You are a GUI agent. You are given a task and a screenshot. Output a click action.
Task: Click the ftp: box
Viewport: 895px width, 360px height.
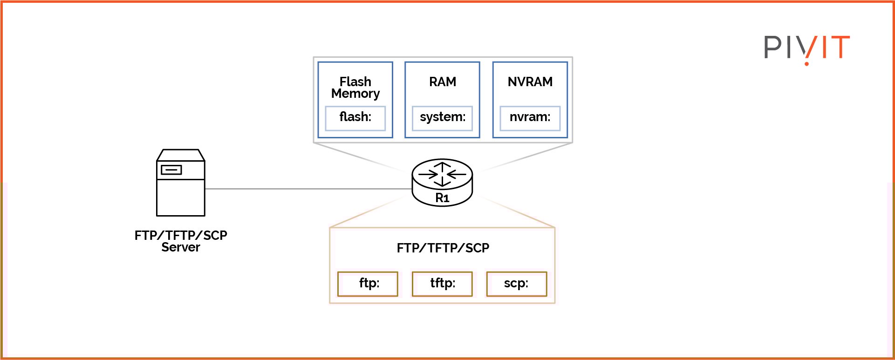pos(368,284)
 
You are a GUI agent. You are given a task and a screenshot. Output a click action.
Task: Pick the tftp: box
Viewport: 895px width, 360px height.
pos(442,284)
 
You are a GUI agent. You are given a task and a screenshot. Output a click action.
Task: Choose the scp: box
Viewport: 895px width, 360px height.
pos(516,284)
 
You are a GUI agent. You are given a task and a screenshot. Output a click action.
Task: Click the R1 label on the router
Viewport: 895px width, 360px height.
pos(442,198)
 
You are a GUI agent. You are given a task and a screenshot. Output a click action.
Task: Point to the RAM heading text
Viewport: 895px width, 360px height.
pos(442,82)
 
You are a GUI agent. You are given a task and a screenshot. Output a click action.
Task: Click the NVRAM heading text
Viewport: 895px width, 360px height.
pos(530,82)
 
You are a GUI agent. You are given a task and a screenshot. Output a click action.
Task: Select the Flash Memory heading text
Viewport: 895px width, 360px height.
pos(355,88)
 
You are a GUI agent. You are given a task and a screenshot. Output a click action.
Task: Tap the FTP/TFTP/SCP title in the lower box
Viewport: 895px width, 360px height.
pos(443,248)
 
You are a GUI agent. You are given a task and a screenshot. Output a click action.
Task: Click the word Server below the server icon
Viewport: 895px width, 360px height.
pos(181,248)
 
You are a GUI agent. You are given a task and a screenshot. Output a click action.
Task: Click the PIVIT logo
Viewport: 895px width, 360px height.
pos(806,48)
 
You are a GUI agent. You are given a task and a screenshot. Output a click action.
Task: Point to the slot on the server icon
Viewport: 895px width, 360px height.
pos(171,170)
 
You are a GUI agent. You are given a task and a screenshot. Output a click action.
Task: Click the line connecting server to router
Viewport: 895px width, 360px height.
pos(307,189)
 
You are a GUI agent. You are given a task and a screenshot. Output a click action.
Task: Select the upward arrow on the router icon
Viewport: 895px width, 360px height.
pos(442,166)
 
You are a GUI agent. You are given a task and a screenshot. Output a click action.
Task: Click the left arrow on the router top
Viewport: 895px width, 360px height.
pos(428,174)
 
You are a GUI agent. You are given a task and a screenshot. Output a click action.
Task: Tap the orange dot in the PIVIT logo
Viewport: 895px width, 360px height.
pos(806,63)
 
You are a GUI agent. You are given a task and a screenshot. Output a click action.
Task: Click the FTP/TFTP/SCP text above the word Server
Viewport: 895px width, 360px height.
pos(181,236)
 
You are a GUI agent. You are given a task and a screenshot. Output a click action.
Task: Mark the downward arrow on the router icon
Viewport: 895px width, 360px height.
pos(442,182)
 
